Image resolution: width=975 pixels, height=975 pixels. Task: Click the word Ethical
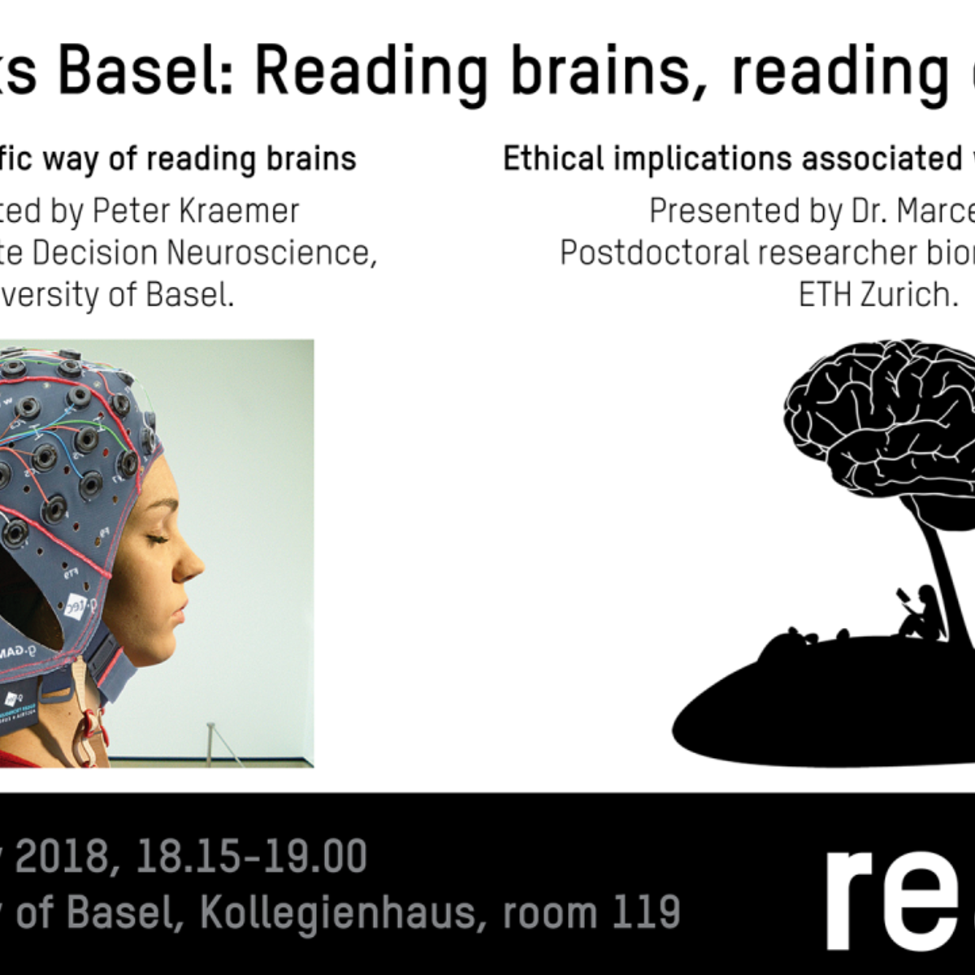coord(552,159)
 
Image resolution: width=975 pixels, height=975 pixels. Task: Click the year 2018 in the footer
coord(61,857)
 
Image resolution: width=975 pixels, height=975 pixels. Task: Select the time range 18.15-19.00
coord(252,857)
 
